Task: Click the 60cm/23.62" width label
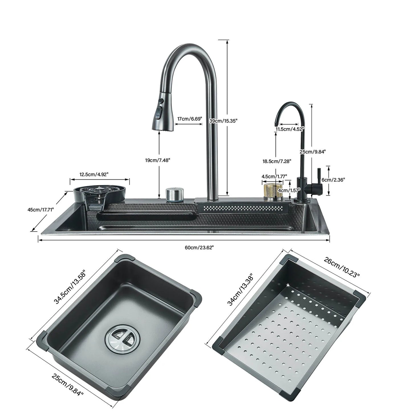click(x=199, y=247)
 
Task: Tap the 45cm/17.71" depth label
click(x=40, y=210)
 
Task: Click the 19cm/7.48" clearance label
click(x=158, y=160)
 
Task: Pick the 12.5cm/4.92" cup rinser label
click(x=94, y=174)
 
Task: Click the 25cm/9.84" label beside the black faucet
click(x=313, y=152)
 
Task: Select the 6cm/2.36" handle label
click(x=333, y=180)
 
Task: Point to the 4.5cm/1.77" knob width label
click(x=274, y=176)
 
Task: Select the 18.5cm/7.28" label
click(x=277, y=161)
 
